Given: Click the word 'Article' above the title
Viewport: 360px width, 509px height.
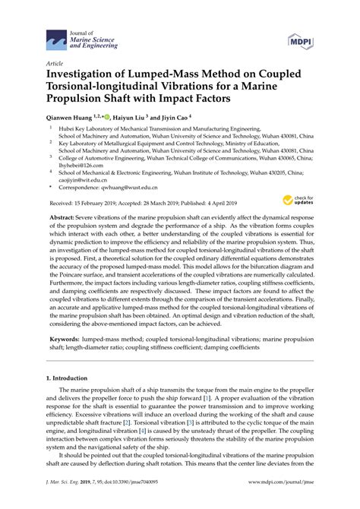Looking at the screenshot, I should pyautogui.click(x=55, y=64).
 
